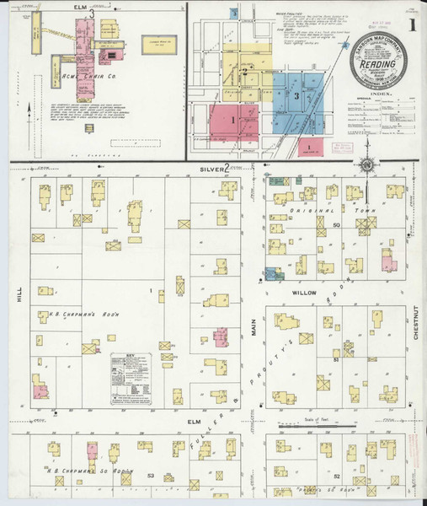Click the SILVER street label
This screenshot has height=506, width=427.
(x=211, y=170)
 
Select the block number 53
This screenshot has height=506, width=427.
(x=150, y=476)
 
